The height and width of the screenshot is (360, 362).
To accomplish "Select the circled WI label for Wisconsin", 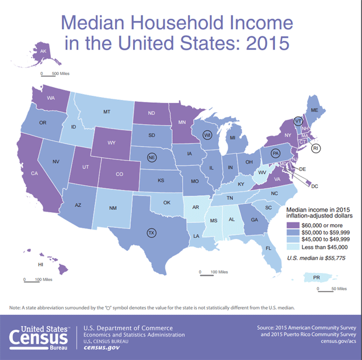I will click(207, 135).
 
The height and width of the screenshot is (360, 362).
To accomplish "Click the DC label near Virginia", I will click(314, 186).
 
